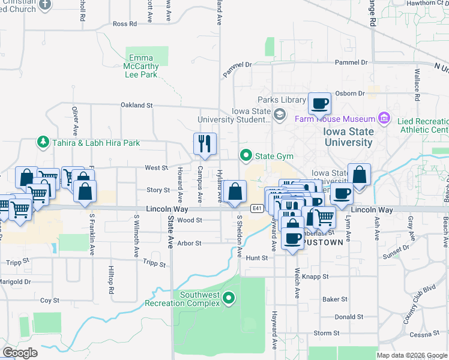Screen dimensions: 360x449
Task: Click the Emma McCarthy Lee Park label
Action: coord(140,67)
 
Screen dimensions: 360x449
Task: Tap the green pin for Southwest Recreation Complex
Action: coord(228,298)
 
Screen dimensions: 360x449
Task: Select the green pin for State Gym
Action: coord(246,156)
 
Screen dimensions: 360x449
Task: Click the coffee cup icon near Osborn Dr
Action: coord(320,103)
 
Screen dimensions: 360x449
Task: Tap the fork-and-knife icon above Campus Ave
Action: coord(204,144)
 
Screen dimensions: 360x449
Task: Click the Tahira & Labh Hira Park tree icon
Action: coord(43,142)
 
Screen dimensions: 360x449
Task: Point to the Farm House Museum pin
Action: coord(384,118)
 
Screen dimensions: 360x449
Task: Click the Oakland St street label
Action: coord(136,105)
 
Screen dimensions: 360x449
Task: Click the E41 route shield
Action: coord(258,208)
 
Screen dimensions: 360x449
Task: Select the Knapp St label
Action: coord(316,277)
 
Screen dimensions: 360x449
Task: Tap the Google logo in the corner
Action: coord(20,353)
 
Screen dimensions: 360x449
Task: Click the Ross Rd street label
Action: coord(125,24)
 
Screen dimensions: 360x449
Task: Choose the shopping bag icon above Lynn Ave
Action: coord(359,175)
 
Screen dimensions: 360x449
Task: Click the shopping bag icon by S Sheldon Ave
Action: coord(237,192)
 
